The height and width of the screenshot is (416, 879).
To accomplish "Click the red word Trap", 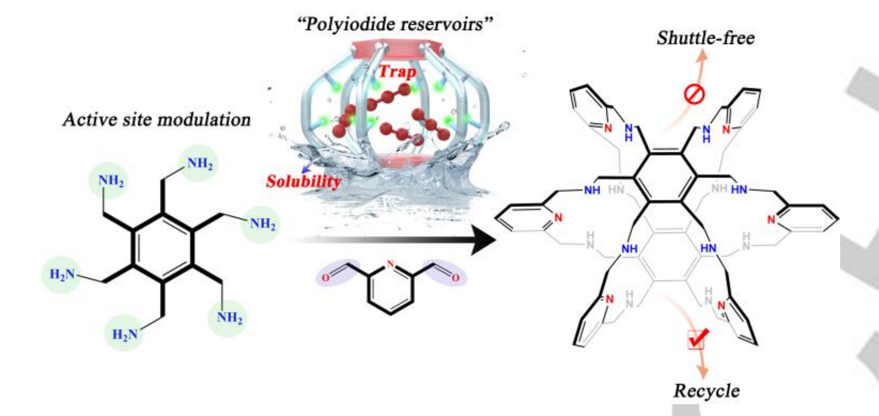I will pyautogui.click(x=397, y=71).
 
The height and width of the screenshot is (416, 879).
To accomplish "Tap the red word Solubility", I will pyautogui.click(x=303, y=181).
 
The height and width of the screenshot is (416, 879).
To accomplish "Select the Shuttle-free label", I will pyautogui.click(x=706, y=38).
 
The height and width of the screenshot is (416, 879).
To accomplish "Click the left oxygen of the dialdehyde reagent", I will pyautogui.click(x=325, y=278).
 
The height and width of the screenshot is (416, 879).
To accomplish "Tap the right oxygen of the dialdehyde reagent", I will pyautogui.click(x=455, y=278).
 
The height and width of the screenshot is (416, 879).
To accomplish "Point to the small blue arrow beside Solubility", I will pyautogui.click(x=306, y=169).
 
